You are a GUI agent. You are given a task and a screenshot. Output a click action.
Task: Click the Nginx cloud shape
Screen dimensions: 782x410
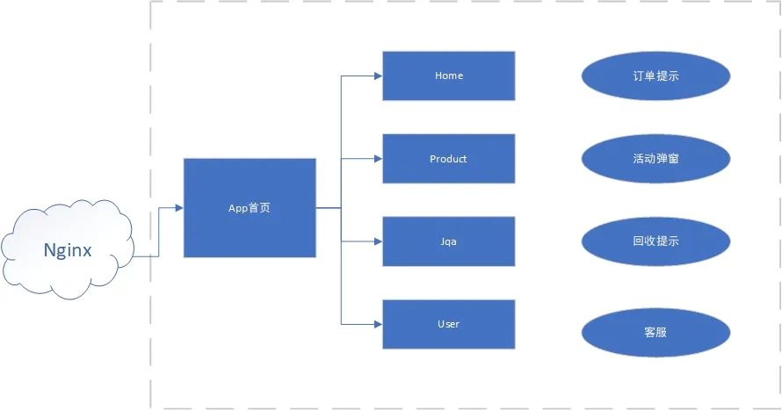pos(68,249)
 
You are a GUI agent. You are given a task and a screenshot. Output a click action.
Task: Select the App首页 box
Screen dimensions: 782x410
pos(250,208)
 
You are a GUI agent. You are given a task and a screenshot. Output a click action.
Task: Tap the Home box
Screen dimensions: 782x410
pos(449,76)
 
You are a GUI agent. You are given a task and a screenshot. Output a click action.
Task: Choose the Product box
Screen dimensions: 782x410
pos(449,158)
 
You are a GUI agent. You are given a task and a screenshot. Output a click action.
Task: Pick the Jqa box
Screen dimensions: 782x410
pos(449,241)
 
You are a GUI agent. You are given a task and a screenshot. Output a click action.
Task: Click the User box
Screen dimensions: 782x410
pos(449,324)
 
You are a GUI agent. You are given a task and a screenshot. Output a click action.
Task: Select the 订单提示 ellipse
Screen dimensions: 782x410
pos(655,76)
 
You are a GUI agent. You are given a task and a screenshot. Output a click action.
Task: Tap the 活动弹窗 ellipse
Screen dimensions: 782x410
pos(655,158)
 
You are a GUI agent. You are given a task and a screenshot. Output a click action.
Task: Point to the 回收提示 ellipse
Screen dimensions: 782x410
pos(655,241)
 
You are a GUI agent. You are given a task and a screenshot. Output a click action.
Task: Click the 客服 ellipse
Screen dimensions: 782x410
pos(655,332)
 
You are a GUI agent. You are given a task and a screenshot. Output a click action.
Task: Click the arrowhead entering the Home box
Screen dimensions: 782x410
pos(379,76)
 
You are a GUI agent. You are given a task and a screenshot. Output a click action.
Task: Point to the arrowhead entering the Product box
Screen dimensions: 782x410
pos(379,159)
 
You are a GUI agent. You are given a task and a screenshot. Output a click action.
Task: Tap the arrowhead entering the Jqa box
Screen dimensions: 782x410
pos(379,241)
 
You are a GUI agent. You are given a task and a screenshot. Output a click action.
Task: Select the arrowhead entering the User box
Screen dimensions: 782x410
pos(379,324)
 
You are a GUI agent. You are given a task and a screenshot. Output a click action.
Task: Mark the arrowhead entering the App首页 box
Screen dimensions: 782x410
pos(179,208)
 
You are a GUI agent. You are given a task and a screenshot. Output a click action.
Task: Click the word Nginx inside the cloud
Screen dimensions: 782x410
pos(68,250)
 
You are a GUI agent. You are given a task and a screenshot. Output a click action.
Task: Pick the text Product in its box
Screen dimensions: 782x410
pos(448,159)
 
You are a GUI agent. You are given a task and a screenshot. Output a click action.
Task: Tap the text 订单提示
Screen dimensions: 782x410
pos(655,76)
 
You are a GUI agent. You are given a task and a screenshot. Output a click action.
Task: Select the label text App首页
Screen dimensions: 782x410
pos(250,208)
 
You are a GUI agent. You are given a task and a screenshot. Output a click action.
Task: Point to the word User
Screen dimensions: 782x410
pos(448,324)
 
